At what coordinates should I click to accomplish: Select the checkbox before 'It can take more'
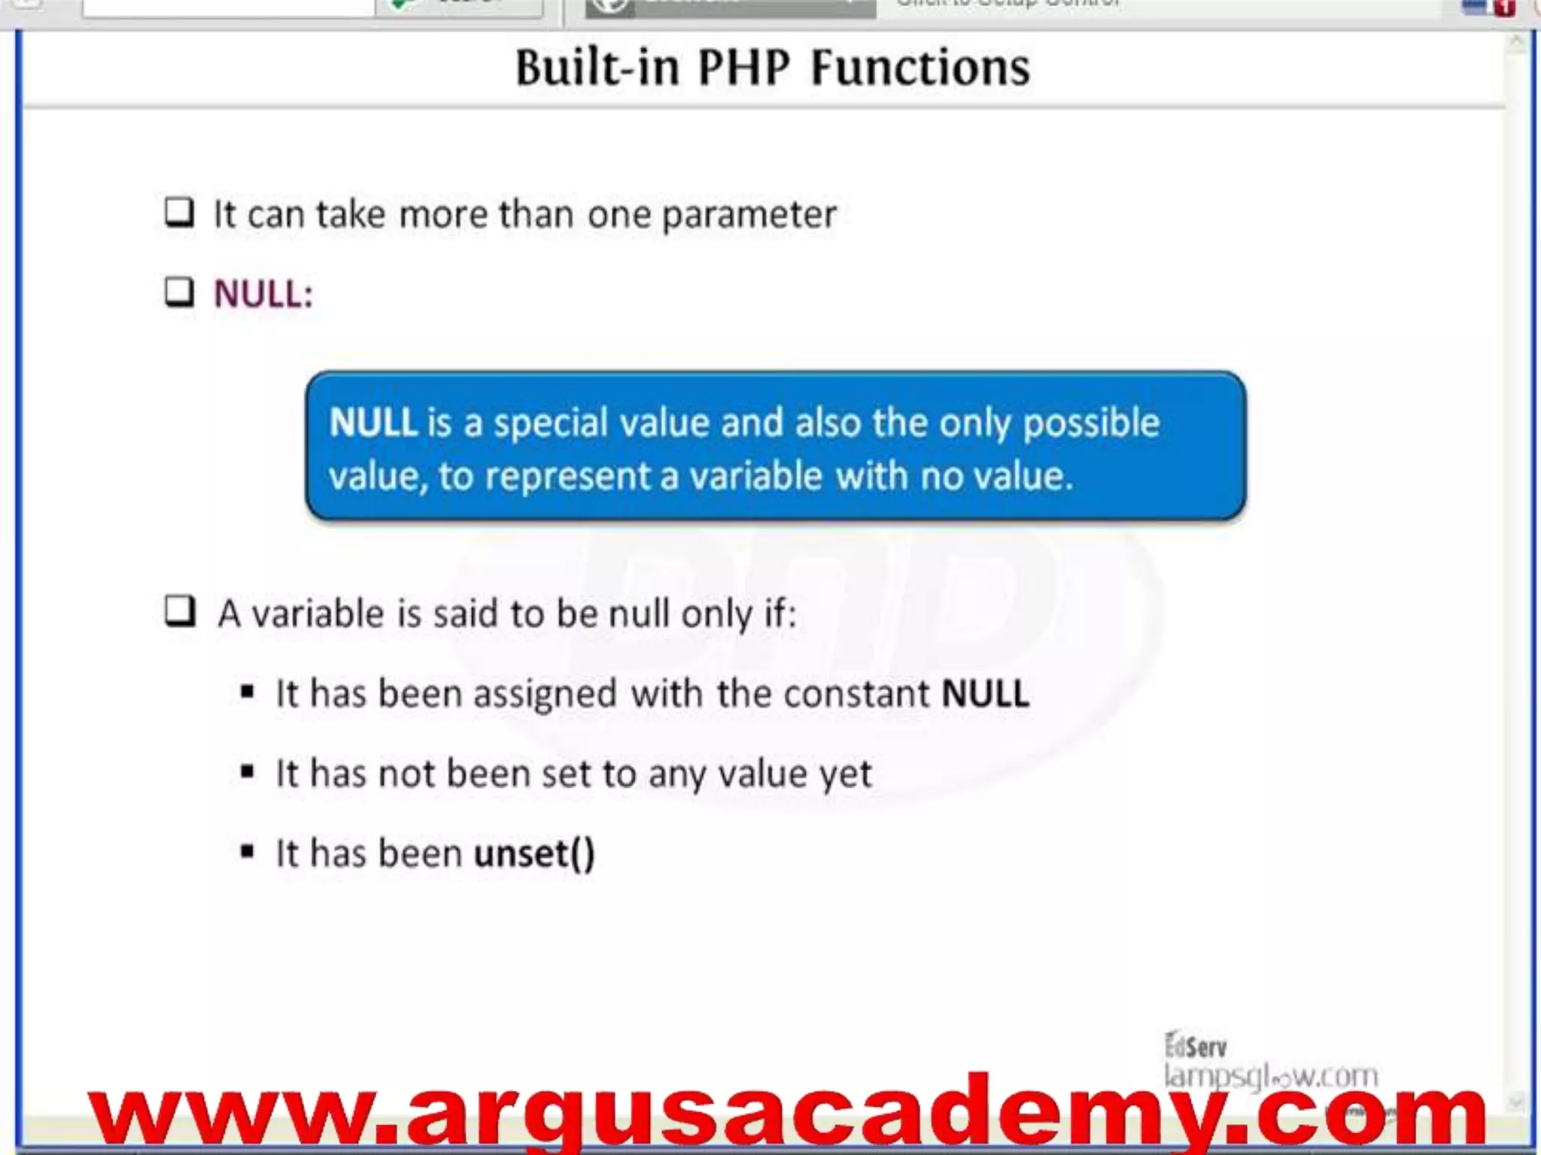[x=180, y=213]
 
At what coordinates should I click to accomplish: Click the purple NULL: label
[x=263, y=293]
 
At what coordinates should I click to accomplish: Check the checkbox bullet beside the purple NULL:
[x=180, y=292]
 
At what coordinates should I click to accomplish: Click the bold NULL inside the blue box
[x=372, y=423]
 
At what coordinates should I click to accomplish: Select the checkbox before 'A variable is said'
[x=180, y=611]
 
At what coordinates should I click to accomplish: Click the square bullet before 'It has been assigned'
[x=247, y=692]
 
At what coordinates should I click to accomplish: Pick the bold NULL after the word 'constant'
[x=985, y=693]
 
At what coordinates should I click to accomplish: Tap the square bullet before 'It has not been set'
[x=247, y=772]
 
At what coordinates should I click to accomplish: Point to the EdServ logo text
[x=1195, y=1046]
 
